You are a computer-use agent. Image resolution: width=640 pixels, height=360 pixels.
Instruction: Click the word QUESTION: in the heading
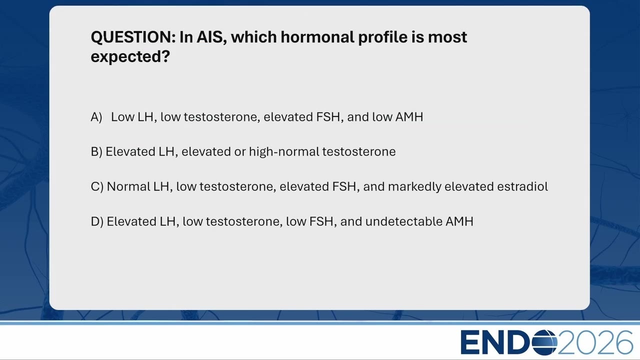pos(133,37)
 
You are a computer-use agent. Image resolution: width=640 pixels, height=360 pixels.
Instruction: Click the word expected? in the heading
pos(130,57)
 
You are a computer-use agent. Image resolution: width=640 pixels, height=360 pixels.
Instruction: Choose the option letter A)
pos(96,117)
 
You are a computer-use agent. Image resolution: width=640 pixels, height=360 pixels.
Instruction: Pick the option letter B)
pos(96,151)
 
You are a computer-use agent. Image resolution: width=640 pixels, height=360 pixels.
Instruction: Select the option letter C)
pos(97,186)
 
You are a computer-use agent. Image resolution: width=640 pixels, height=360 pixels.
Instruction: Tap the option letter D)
pos(97,221)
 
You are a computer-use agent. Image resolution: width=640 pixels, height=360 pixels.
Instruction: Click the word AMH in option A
pos(409,117)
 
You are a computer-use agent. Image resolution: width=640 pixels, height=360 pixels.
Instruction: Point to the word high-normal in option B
pos(284,151)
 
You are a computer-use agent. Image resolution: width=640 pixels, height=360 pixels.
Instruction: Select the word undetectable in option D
pos(403,221)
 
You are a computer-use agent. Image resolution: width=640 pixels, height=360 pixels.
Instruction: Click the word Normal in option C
pos(128,186)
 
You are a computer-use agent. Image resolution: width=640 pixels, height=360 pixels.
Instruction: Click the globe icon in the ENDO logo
pos(544,342)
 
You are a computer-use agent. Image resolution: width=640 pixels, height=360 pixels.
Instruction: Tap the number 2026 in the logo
pos(595,342)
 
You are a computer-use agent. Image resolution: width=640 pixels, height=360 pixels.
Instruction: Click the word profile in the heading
pos(383,37)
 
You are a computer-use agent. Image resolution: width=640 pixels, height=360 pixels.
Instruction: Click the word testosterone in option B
pos(359,151)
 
